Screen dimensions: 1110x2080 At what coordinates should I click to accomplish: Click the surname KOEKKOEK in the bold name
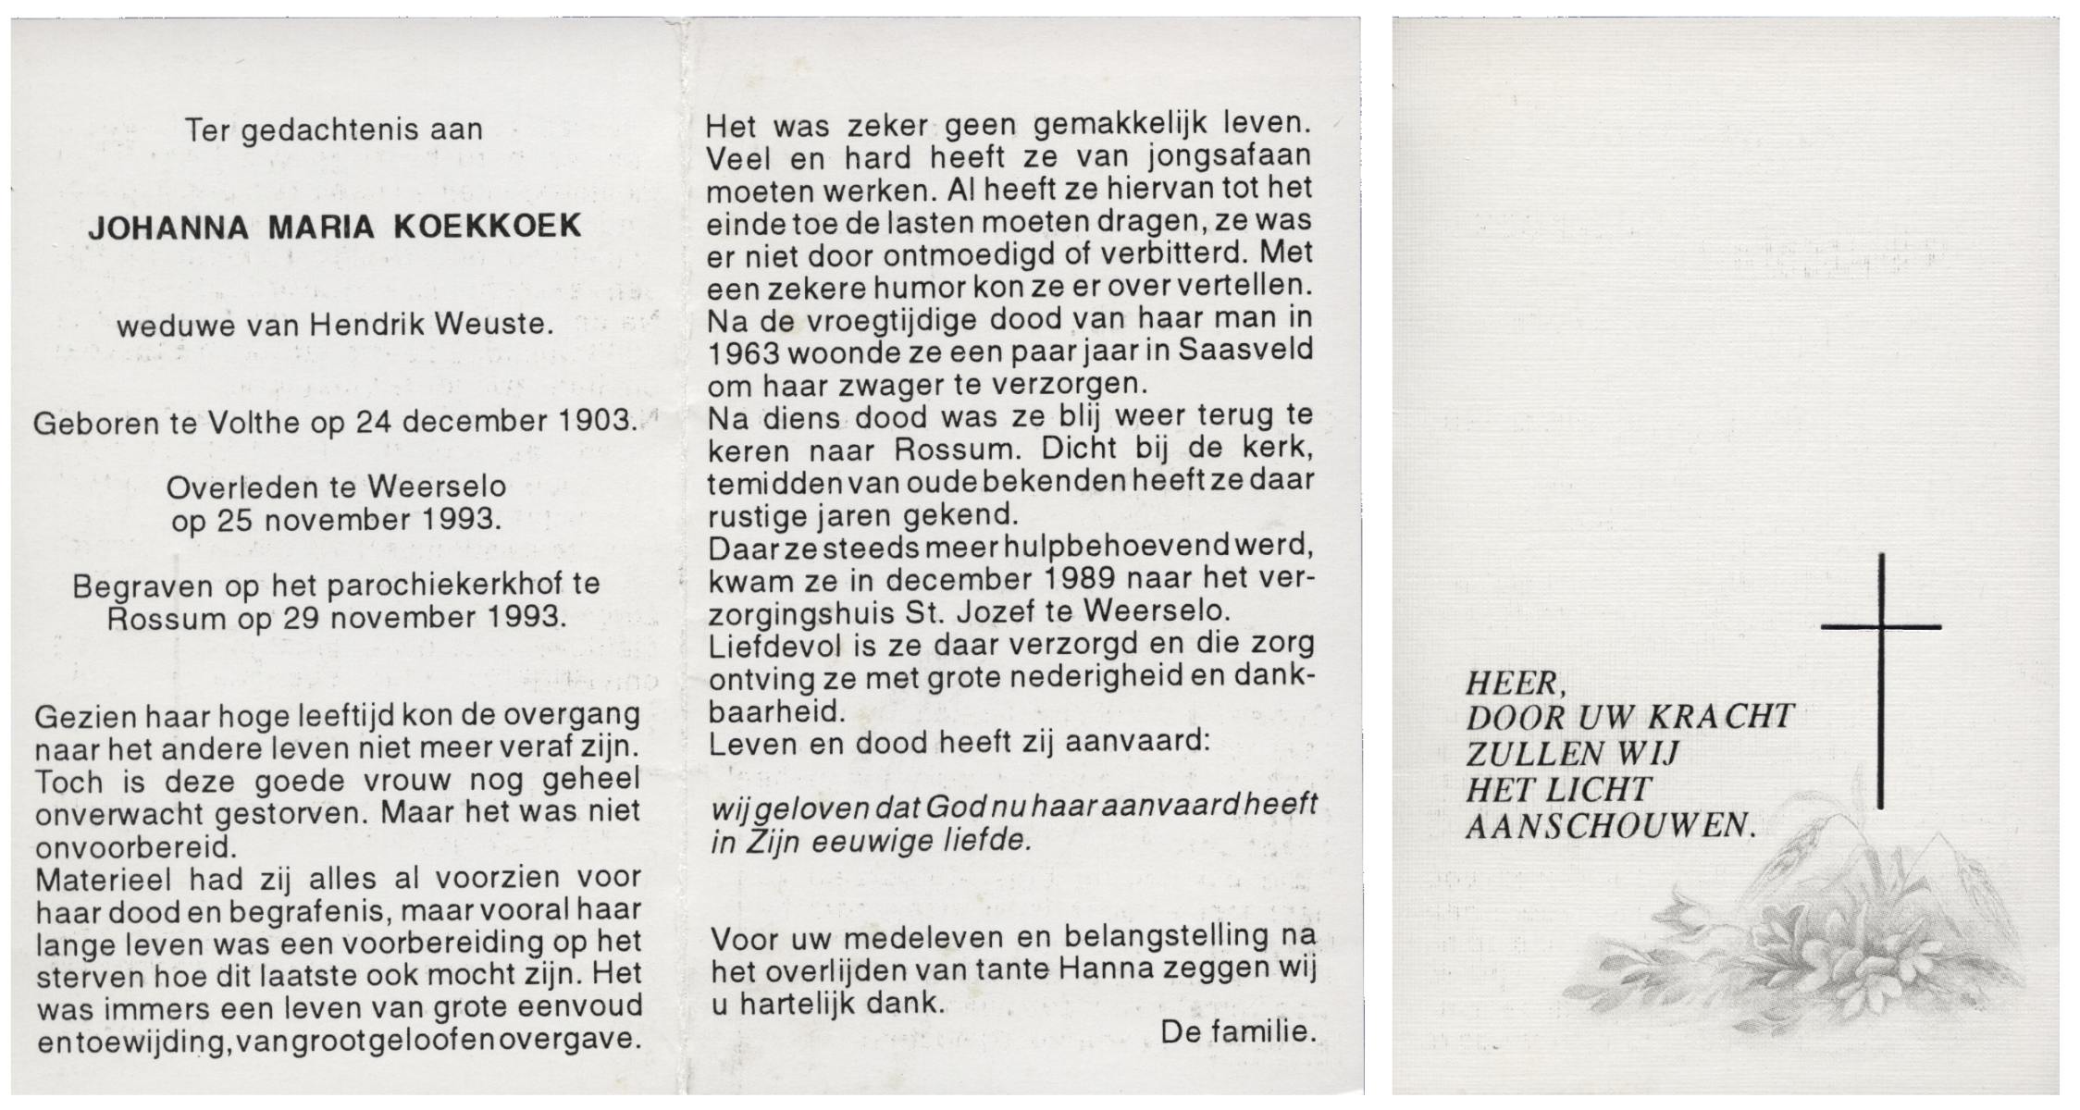(488, 228)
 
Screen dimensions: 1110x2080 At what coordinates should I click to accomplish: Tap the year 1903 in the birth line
(595, 422)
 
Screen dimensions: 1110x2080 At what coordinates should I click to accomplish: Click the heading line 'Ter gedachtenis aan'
(334, 130)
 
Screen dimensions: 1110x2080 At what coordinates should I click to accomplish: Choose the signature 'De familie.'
(1237, 1032)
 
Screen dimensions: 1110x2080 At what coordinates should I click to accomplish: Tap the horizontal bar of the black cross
(1880, 627)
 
